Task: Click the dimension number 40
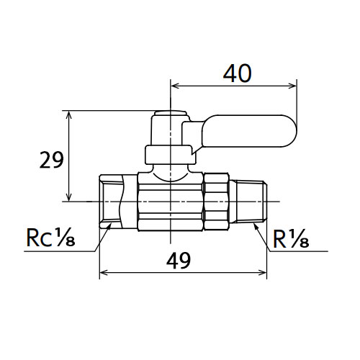[x=238, y=73]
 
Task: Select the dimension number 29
[x=51, y=160]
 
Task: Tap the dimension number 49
[x=179, y=261]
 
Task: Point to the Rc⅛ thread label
[x=50, y=238]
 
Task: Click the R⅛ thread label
[x=291, y=239]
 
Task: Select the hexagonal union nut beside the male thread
[x=216, y=202]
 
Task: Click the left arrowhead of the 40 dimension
[x=174, y=86]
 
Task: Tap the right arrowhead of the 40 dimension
[x=293, y=86]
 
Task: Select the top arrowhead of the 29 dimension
[x=69, y=114]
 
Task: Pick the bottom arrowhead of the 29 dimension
[x=69, y=197]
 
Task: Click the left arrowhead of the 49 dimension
[x=104, y=273]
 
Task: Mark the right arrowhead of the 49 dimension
[x=263, y=273]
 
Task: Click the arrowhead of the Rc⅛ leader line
[x=109, y=226]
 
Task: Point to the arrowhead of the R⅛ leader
[x=256, y=226]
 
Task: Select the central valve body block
[x=170, y=202]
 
